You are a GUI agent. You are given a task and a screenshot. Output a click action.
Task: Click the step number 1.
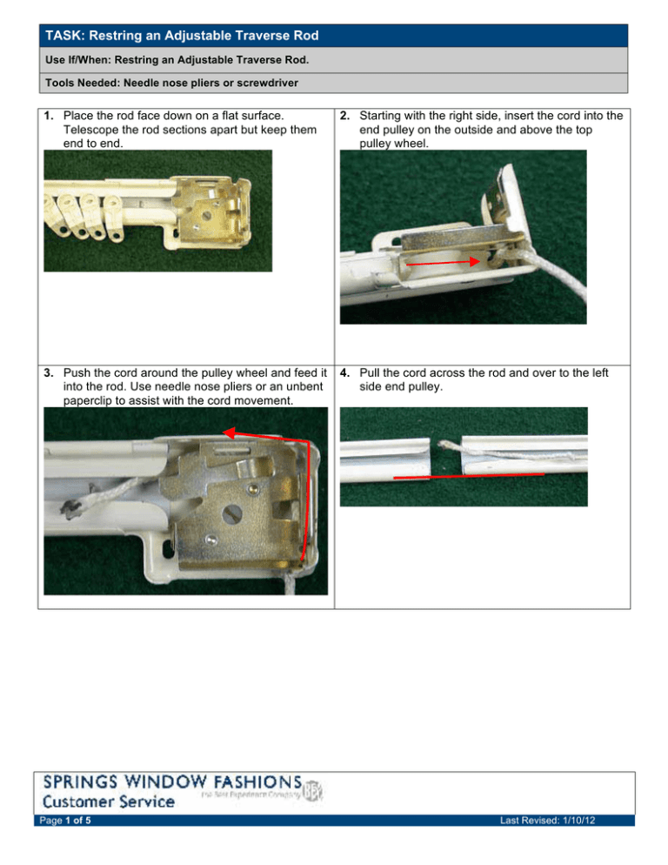point(50,115)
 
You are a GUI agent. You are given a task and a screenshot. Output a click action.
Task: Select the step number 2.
point(345,115)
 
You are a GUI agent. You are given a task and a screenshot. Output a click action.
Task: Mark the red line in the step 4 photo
point(468,476)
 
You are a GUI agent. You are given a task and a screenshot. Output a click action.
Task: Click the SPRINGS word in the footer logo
point(83,781)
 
